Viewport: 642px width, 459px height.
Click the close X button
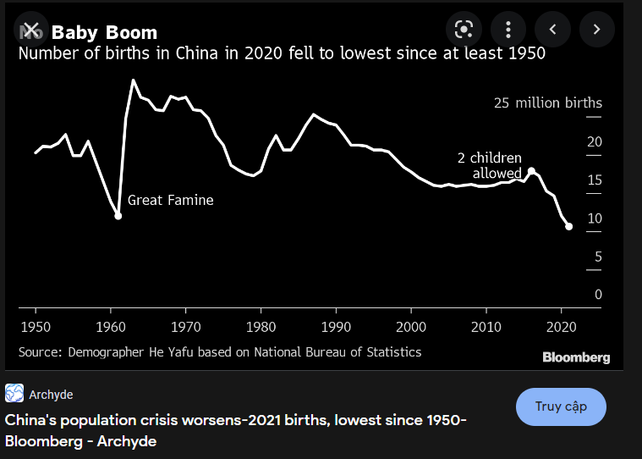pos(30,30)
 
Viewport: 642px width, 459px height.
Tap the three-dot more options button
pos(508,30)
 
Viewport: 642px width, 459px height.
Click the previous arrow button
pos(553,30)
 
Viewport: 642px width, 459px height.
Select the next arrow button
pos(596,30)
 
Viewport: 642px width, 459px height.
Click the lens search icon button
pos(463,30)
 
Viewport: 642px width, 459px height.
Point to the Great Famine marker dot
pos(118,216)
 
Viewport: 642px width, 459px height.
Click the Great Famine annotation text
pos(170,201)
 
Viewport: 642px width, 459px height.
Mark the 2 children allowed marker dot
pos(531,171)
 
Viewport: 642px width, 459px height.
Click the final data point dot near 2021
pos(568,226)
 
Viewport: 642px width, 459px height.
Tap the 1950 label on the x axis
pos(36,326)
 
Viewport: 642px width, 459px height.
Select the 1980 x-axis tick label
pos(261,326)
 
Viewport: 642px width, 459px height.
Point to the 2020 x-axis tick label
pos(561,326)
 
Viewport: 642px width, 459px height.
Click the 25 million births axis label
pos(548,103)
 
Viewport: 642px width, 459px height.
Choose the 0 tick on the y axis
pos(598,295)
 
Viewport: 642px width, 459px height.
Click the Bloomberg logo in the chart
pos(576,357)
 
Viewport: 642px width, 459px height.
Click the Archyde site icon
pos(14,394)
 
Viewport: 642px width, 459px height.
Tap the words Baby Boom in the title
pos(104,33)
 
